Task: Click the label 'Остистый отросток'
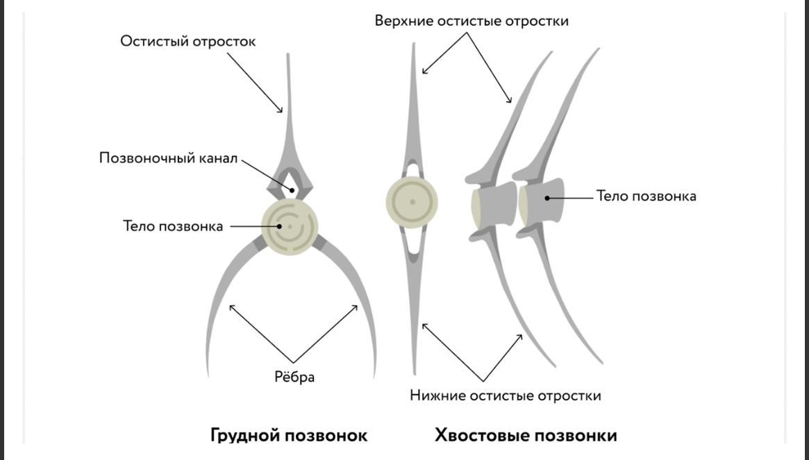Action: [x=187, y=42]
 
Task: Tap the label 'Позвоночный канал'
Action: [x=168, y=158]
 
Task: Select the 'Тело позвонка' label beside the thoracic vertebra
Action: [x=173, y=226]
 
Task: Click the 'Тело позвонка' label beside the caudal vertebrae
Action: [x=646, y=196]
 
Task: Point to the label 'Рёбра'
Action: [x=294, y=377]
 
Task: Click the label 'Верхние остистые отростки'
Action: [x=472, y=21]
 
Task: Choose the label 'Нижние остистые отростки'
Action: [x=505, y=396]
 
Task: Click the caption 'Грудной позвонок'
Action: [x=289, y=436]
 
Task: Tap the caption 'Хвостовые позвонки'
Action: [x=526, y=436]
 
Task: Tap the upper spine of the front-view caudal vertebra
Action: [x=414, y=104]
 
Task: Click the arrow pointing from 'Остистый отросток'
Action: [x=254, y=83]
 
